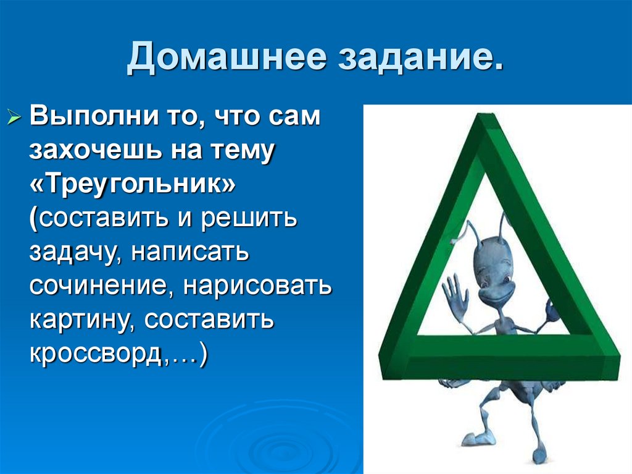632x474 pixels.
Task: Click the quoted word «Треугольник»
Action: click(x=132, y=185)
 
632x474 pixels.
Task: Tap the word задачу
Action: click(x=70, y=253)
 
